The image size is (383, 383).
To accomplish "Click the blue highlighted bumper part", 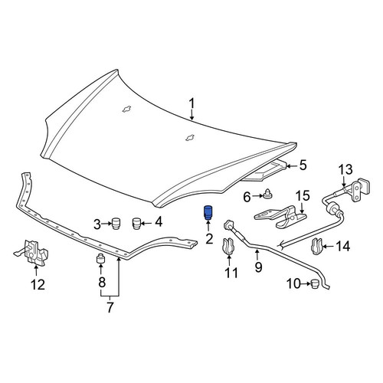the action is tap(208, 212).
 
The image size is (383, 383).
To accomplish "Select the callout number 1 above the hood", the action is tap(191, 104).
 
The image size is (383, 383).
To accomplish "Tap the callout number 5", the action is tap(303, 165).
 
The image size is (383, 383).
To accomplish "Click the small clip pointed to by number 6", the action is tap(267, 195).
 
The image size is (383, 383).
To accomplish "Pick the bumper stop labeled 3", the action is tap(116, 224).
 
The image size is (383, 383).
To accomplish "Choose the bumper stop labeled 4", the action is tap(137, 224).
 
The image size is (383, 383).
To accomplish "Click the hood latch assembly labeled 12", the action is tap(34, 251).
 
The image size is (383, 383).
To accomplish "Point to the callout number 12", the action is tap(38, 284).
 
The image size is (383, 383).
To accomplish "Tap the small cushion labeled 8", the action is tap(100, 258).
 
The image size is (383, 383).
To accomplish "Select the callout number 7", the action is tap(110, 307).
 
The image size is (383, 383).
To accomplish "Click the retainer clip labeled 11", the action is tap(228, 246).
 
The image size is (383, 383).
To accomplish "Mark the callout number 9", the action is tap(258, 267).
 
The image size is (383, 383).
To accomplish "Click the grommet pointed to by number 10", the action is tap(316, 283).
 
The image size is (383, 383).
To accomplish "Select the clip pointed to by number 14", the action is tap(317, 247).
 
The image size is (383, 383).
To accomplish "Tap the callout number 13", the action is tap(345, 169).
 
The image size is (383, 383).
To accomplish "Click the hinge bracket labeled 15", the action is tap(280, 216).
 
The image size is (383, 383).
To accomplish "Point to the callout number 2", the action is tap(209, 239).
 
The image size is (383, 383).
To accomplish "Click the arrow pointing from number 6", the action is tap(257, 196).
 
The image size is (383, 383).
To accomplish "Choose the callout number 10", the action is tap(293, 283).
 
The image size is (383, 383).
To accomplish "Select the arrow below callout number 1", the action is tap(192, 115).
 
